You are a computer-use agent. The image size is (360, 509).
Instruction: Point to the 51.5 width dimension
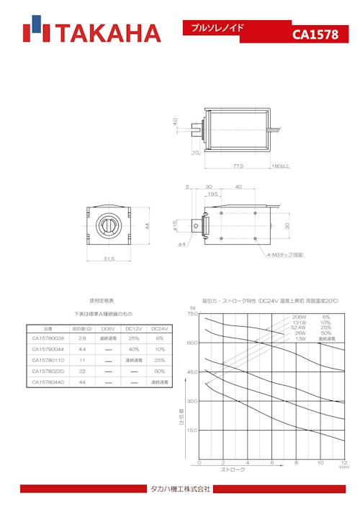pos(109,259)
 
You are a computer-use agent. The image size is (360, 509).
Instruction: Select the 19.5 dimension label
pos(213,194)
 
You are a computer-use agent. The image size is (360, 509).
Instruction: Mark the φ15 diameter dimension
pos(174,225)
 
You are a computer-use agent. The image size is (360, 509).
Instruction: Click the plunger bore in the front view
pos(109,225)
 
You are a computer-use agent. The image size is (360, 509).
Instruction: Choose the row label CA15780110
pos(48,359)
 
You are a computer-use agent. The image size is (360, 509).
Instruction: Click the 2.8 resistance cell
pos(82,338)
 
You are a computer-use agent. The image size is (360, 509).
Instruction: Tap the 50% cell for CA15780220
pos(159,370)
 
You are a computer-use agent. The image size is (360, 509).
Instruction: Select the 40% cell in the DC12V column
pos(133,348)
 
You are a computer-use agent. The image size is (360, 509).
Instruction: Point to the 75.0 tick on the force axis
pos(192,314)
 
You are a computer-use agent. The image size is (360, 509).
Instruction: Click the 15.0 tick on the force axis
pos(192,430)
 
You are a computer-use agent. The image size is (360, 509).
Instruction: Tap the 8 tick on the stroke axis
pos(296,463)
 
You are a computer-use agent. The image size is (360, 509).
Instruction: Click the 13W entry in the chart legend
pos(300,338)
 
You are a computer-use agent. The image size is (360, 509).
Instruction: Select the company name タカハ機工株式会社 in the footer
pos(179,490)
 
